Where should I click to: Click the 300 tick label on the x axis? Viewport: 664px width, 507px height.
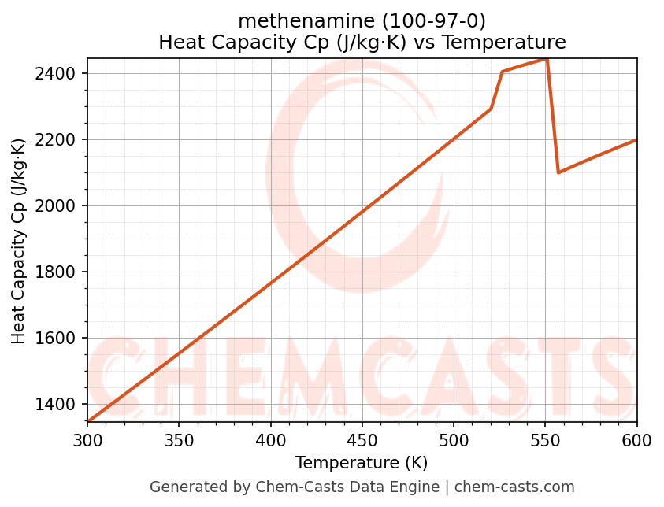click(87, 440)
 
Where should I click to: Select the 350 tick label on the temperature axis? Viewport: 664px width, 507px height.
click(179, 440)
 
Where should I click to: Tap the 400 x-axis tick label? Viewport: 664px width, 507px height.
click(271, 440)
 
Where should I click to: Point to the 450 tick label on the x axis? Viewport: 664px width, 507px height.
click(362, 440)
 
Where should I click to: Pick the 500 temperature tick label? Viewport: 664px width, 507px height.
click(454, 440)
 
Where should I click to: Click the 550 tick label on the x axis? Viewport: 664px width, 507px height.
click(545, 440)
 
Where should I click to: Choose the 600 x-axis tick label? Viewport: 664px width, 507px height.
click(636, 440)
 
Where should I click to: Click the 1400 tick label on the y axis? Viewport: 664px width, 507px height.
click(60, 405)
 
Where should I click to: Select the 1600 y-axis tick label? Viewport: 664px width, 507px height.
click(60, 339)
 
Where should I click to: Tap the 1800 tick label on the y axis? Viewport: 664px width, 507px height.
click(60, 272)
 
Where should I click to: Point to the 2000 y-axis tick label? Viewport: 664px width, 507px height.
click(60, 206)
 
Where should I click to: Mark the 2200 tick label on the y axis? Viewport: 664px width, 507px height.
click(60, 140)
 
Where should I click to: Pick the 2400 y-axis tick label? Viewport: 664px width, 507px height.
click(60, 74)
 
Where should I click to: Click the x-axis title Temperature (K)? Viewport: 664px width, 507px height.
click(362, 463)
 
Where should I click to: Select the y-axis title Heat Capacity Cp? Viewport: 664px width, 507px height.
click(19, 241)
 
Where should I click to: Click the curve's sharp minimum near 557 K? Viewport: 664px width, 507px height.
click(558, 172)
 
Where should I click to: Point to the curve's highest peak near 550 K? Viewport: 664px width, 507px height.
click(546, 59)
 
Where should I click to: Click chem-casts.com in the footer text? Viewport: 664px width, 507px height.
click(514, 487)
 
